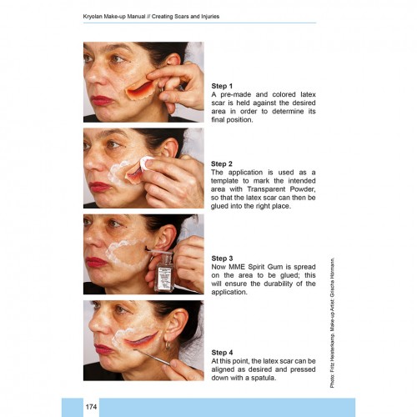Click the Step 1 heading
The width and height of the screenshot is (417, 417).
(x=222, y=86)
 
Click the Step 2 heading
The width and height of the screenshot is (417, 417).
(x=222, y=163)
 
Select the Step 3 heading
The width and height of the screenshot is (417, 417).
(x=222, y=259)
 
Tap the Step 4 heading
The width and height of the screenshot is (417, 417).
(x=222, y=353)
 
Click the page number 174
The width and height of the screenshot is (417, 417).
(x=91, y=407)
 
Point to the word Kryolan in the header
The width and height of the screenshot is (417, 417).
(x=93, y=17)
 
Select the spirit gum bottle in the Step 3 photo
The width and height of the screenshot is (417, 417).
(x=164, y=273)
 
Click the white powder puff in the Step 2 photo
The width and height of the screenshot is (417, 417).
(x=147, y=163)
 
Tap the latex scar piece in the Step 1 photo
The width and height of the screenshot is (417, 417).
(x=141, y=89)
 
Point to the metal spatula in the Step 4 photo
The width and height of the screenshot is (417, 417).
(x=153, y=357)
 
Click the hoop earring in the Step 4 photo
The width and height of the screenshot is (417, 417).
(x=168, y=345)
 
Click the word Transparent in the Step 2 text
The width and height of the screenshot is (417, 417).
(x=266, y=189)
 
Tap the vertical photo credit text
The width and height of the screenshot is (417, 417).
(x=332, y=324)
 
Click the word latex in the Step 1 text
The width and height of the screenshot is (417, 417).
(x=308, y=94)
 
